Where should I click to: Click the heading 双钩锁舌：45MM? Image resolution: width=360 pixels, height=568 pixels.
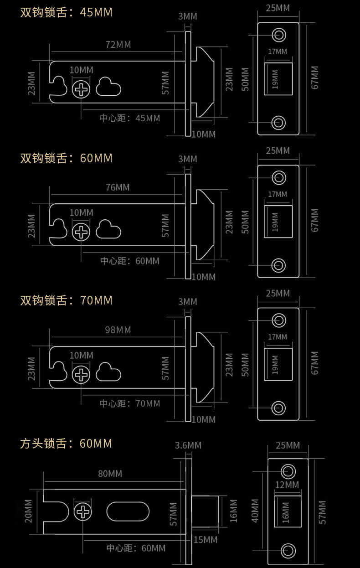(x=66, y=12)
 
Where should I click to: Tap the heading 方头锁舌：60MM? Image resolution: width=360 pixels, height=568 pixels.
(x=66, y=443)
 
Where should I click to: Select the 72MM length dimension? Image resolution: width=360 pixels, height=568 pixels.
(x=118, y=45)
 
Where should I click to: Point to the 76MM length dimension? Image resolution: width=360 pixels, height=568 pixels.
(x=118, y=187)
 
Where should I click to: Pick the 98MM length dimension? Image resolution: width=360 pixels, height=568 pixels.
(x=118, y=330)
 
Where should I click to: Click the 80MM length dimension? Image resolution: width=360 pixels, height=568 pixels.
(x=110, y=474)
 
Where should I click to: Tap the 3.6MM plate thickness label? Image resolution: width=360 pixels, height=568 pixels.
(x=188, y=445)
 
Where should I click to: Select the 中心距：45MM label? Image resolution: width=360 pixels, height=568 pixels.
(x=130, y=119)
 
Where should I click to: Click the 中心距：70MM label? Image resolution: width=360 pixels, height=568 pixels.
(x=130, y=403)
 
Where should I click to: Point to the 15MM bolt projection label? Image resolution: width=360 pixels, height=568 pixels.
(x=205, y=540)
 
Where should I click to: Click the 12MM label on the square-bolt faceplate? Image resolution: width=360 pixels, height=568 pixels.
(x=287, y=485)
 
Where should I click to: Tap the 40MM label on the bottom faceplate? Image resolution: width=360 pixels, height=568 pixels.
(x=255, y=511)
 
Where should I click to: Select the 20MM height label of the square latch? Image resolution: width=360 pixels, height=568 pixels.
(x=28, y=511)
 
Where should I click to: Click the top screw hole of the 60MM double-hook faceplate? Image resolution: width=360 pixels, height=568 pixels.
(x=278, y=177)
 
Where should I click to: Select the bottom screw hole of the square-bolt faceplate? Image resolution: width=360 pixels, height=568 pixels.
(x=288, y=550)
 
